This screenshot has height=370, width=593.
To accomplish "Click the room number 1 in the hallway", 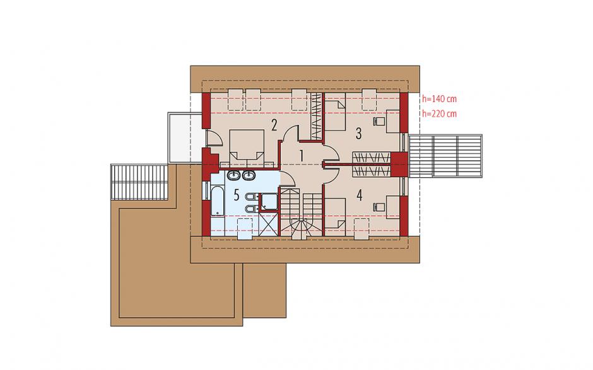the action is (x=302, y=156).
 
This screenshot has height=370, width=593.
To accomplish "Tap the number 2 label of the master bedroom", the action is (x=274, y=125).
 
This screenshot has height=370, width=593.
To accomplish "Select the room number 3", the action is (x=358, y=133).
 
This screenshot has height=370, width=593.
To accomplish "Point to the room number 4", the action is (x=360, y=195).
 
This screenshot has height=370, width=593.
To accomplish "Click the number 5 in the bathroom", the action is (x=237, y=195).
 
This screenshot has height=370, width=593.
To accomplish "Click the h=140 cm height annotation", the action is (x=440, y=99).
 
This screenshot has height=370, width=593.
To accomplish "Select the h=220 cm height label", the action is (x=440, y=113).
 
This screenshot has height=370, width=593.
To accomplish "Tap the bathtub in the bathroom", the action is (x=217, y=201).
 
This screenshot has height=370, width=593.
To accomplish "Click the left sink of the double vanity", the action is (x=233, y=175).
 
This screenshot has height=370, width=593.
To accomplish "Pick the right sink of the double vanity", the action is (x=248, y=175).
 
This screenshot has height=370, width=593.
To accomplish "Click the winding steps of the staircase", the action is (x=301, y=228).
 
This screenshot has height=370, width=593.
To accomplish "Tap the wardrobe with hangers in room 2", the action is (x=317, y=116).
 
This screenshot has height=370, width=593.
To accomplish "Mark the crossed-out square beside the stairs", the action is (x=269, y=223).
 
